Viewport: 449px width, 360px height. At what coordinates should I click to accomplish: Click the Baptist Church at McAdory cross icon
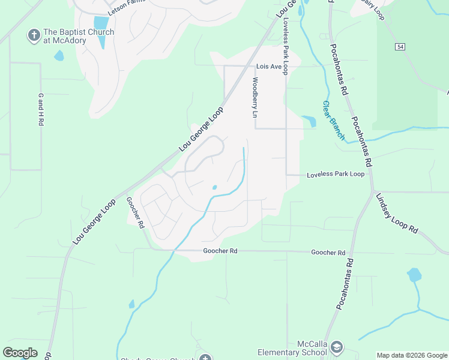pos(34,36)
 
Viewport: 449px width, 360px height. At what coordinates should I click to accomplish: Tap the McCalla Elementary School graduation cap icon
pos(337,347)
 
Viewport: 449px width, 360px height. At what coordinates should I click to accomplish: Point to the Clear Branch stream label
pos(334,120)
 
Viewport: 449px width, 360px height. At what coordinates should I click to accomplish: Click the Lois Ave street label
pos(268,66)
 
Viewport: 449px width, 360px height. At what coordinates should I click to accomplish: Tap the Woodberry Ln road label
pos(255,97)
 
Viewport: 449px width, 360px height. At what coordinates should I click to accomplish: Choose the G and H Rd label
pos(41,109)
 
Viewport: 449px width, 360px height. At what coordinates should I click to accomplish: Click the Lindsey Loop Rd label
pos(396,213)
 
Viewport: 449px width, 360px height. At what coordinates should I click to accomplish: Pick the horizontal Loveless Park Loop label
pos(336,175)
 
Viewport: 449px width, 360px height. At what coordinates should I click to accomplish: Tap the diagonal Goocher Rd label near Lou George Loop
pos(135,213)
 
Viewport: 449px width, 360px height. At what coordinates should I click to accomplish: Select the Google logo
pos(20,352)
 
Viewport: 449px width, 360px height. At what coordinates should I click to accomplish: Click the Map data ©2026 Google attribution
pos(412,355)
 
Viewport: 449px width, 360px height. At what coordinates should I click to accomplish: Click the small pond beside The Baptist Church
pos(59,56)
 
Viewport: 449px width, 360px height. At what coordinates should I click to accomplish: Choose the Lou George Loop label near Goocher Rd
pos(95,222)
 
